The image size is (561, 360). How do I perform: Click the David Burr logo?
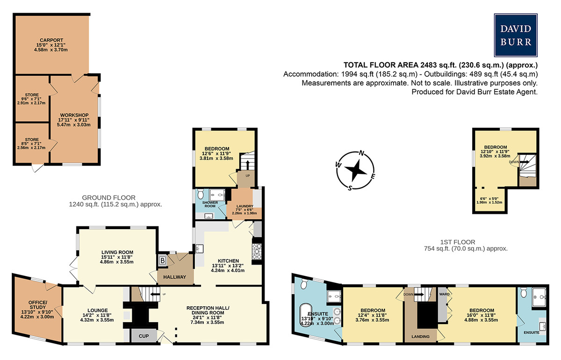point(516,36)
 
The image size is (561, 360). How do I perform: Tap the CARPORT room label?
point(51,40)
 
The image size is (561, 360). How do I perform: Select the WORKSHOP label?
point(74,115)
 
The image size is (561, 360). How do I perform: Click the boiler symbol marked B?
point(163,260)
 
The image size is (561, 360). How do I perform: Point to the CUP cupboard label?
point(144,336)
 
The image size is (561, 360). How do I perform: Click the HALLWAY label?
point(174,277)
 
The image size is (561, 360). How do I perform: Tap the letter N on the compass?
point(361,152)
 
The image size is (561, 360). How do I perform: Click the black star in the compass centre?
point(355,170)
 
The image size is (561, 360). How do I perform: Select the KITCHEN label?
point(228,261)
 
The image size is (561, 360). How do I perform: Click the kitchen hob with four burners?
point(257,252)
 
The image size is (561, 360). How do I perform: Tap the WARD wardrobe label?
point(444,294)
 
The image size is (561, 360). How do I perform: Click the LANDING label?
point(420,337)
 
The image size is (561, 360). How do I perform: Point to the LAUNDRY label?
point(245,206)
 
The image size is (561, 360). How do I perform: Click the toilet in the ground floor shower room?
point(201,194)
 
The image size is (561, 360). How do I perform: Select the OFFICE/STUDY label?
point(37,305)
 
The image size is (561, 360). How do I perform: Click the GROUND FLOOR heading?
point(108,197)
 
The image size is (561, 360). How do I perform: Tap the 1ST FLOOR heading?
point(458,242)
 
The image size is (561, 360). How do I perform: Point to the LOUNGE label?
point(97,310)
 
